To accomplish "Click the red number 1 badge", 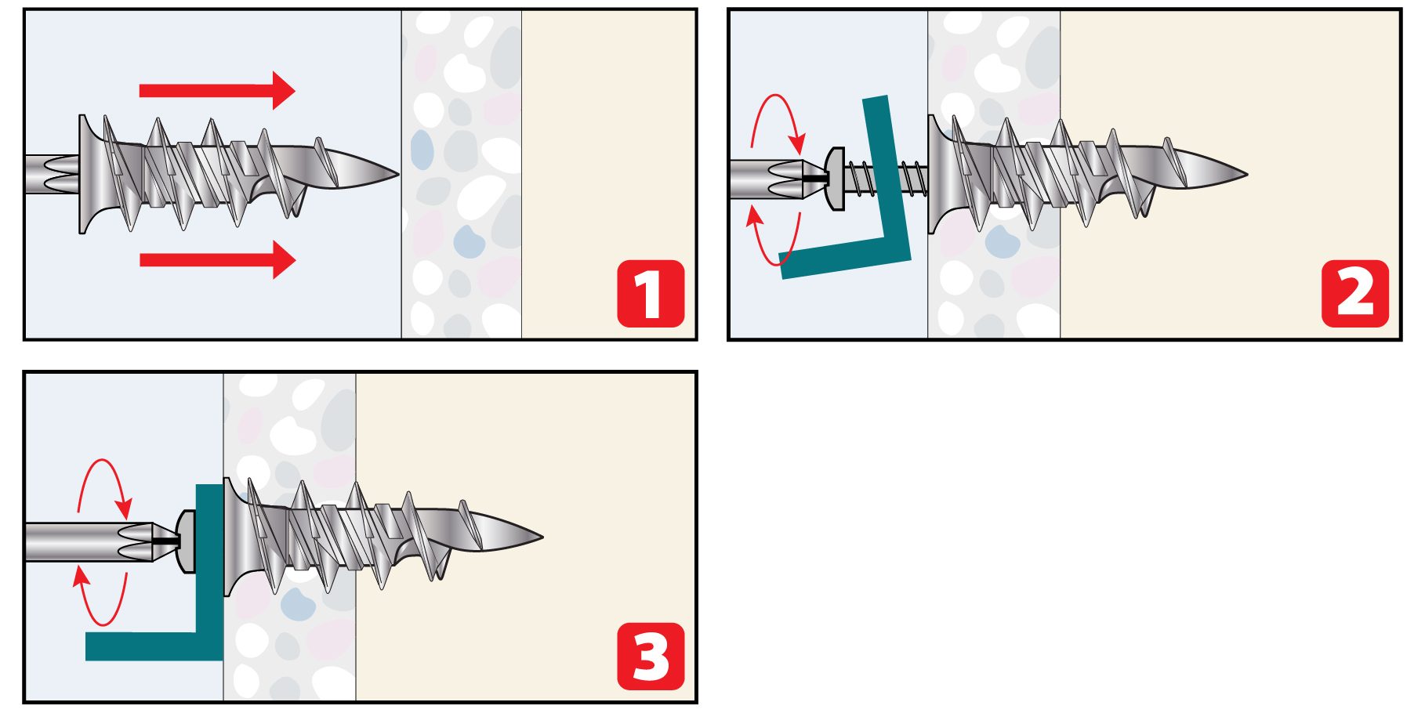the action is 651,294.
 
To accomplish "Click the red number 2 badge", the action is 1355,294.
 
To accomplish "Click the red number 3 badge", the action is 651,657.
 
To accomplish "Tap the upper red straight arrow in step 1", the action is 217,90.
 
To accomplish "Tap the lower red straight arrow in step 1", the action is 217,259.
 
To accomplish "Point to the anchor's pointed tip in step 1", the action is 399,173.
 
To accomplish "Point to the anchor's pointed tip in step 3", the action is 543,537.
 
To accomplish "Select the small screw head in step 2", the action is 835,179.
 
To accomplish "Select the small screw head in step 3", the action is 187,541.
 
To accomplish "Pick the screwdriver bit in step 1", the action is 52,176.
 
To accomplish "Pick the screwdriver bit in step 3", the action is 102,541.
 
